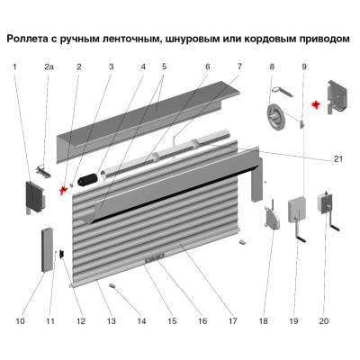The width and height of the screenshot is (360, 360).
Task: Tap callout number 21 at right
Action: [338, 159]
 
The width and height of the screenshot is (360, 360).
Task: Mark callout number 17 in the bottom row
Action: [232, 319]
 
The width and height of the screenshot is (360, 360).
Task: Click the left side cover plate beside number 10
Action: [32, 196]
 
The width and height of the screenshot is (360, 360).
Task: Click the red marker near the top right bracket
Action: [316, 105]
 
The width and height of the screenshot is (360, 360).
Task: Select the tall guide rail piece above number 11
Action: [45, 250]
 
